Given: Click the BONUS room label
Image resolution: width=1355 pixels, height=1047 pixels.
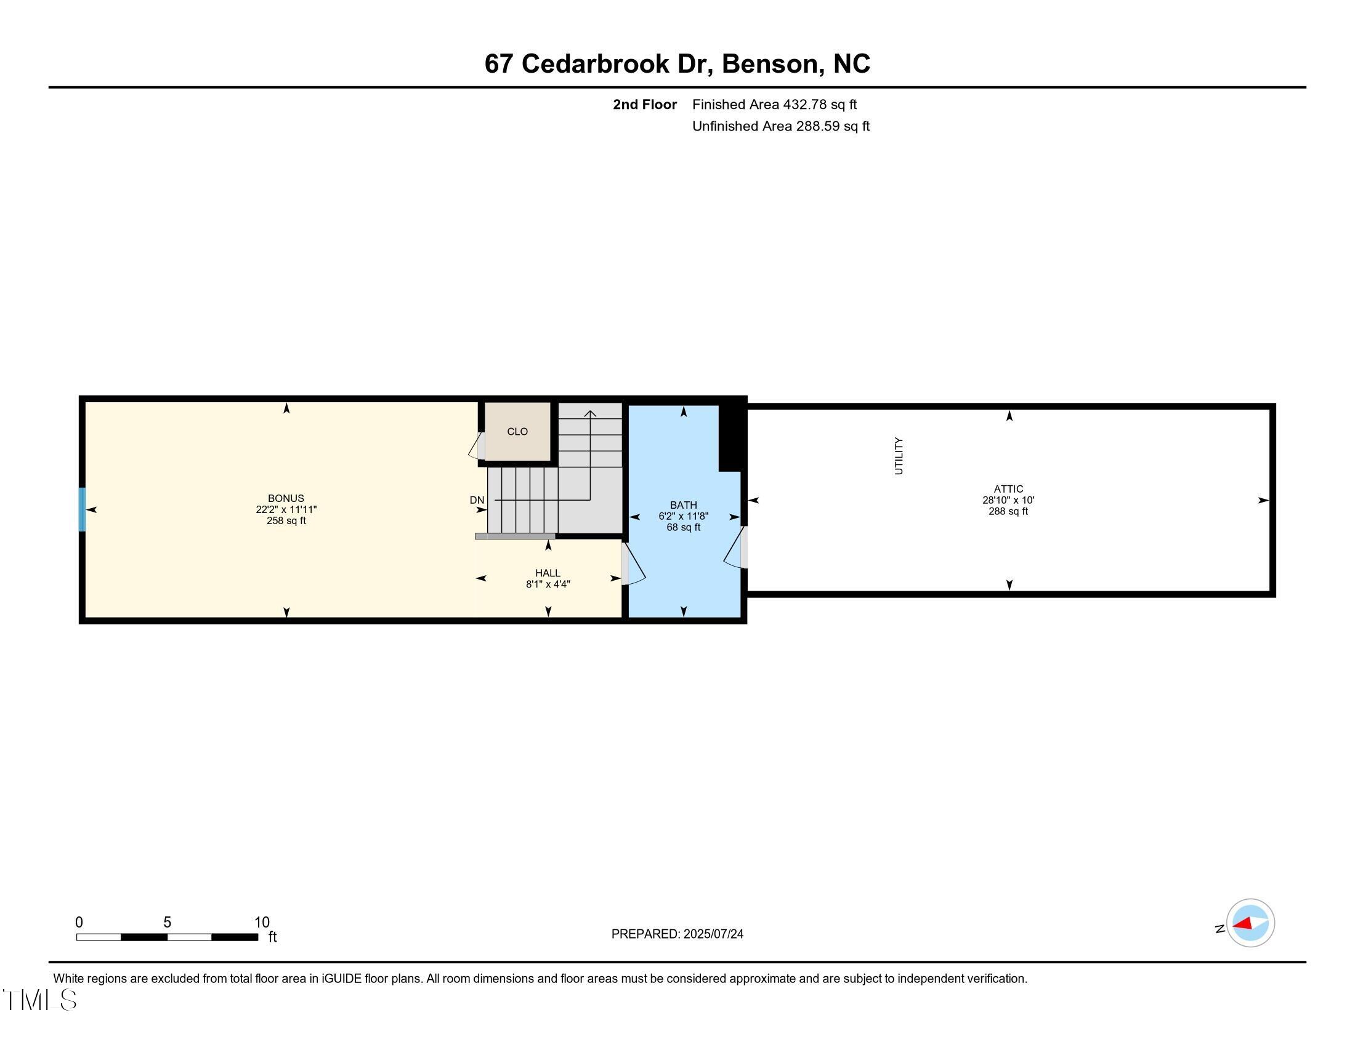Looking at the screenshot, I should (x=285, y=498).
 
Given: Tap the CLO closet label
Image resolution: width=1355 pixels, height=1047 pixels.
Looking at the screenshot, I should (x=517, y=432).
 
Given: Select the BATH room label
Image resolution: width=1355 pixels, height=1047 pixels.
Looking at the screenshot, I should (x=683, y=505).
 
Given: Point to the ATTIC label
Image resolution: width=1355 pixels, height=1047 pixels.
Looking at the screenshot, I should (x=1008, y=489).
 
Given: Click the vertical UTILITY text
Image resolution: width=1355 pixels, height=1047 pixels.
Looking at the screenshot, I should (x=899, y=456).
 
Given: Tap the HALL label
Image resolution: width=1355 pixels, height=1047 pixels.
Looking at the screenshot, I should (x=547, y=573).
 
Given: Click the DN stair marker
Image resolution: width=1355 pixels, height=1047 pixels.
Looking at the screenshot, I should (x=477, y=500).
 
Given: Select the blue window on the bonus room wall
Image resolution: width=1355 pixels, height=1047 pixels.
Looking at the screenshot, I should (x=82, y=509).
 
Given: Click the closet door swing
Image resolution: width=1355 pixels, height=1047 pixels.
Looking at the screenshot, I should (x=477, y=445).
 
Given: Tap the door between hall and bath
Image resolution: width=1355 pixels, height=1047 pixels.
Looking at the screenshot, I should (x=633, y=563).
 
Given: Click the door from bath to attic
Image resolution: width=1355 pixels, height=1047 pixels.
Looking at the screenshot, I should (x=735, y=548).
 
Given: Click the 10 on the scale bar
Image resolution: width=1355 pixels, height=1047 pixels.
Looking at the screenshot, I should (x=262, y=923).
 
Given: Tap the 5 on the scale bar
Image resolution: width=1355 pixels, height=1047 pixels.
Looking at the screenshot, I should (x=167, y=923).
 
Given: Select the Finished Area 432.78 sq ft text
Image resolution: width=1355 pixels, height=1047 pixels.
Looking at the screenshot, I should (x=774, y=105).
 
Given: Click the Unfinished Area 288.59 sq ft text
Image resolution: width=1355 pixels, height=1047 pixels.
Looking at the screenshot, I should (x=780, y=126).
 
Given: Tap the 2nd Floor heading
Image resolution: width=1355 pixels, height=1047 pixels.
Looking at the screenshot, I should (x=644, y=105).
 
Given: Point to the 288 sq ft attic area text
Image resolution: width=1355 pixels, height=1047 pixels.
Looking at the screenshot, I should (x=1008, y=512).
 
